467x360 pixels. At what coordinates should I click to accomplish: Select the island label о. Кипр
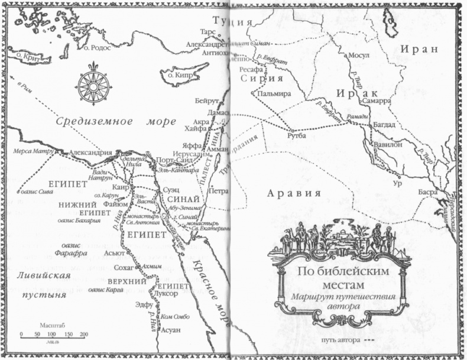click(x=177, y=76)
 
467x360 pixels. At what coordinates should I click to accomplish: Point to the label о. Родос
click(x=98, y=48)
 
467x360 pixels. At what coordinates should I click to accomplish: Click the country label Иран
click(x=419, y=48)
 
